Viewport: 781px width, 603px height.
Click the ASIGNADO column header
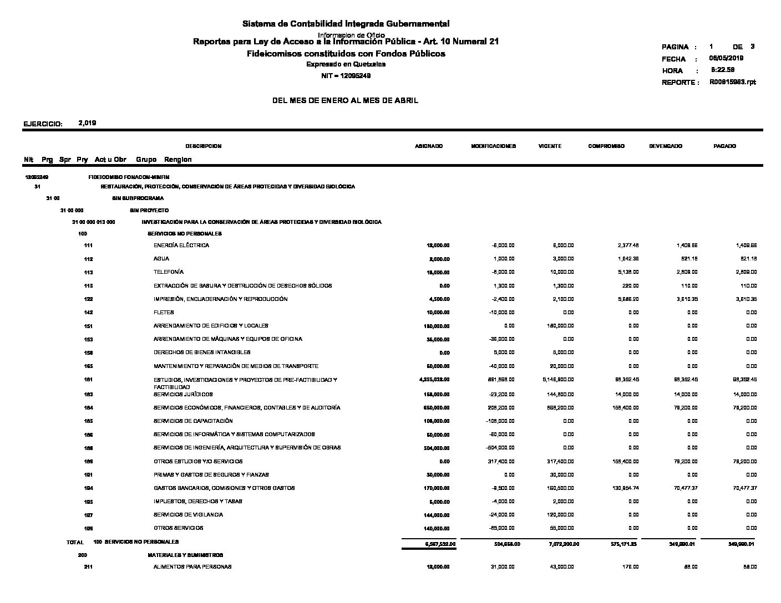point(429,146)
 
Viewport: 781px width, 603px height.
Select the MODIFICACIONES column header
point(493,146)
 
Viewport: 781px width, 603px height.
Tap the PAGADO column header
point(724,146)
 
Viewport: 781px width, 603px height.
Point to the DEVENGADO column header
point(666,146)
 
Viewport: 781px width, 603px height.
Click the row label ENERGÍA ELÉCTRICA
point(181,246)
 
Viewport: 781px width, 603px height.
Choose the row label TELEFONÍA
point(169,272)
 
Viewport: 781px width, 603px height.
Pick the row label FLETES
point(164,313)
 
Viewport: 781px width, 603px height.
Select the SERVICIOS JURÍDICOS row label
point(183,395)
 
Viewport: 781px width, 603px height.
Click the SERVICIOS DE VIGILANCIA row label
point(188,515)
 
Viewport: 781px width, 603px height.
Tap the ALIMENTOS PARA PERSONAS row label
point(192,567)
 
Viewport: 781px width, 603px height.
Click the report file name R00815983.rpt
point(732,82)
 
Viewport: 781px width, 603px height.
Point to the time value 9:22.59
point(723,70)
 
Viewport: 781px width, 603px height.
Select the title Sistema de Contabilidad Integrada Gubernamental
point(346,24)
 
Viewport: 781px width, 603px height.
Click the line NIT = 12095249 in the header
point(346,76)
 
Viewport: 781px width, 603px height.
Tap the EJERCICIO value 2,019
point(88,123)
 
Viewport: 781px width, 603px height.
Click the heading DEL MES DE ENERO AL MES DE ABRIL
point(345,101)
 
